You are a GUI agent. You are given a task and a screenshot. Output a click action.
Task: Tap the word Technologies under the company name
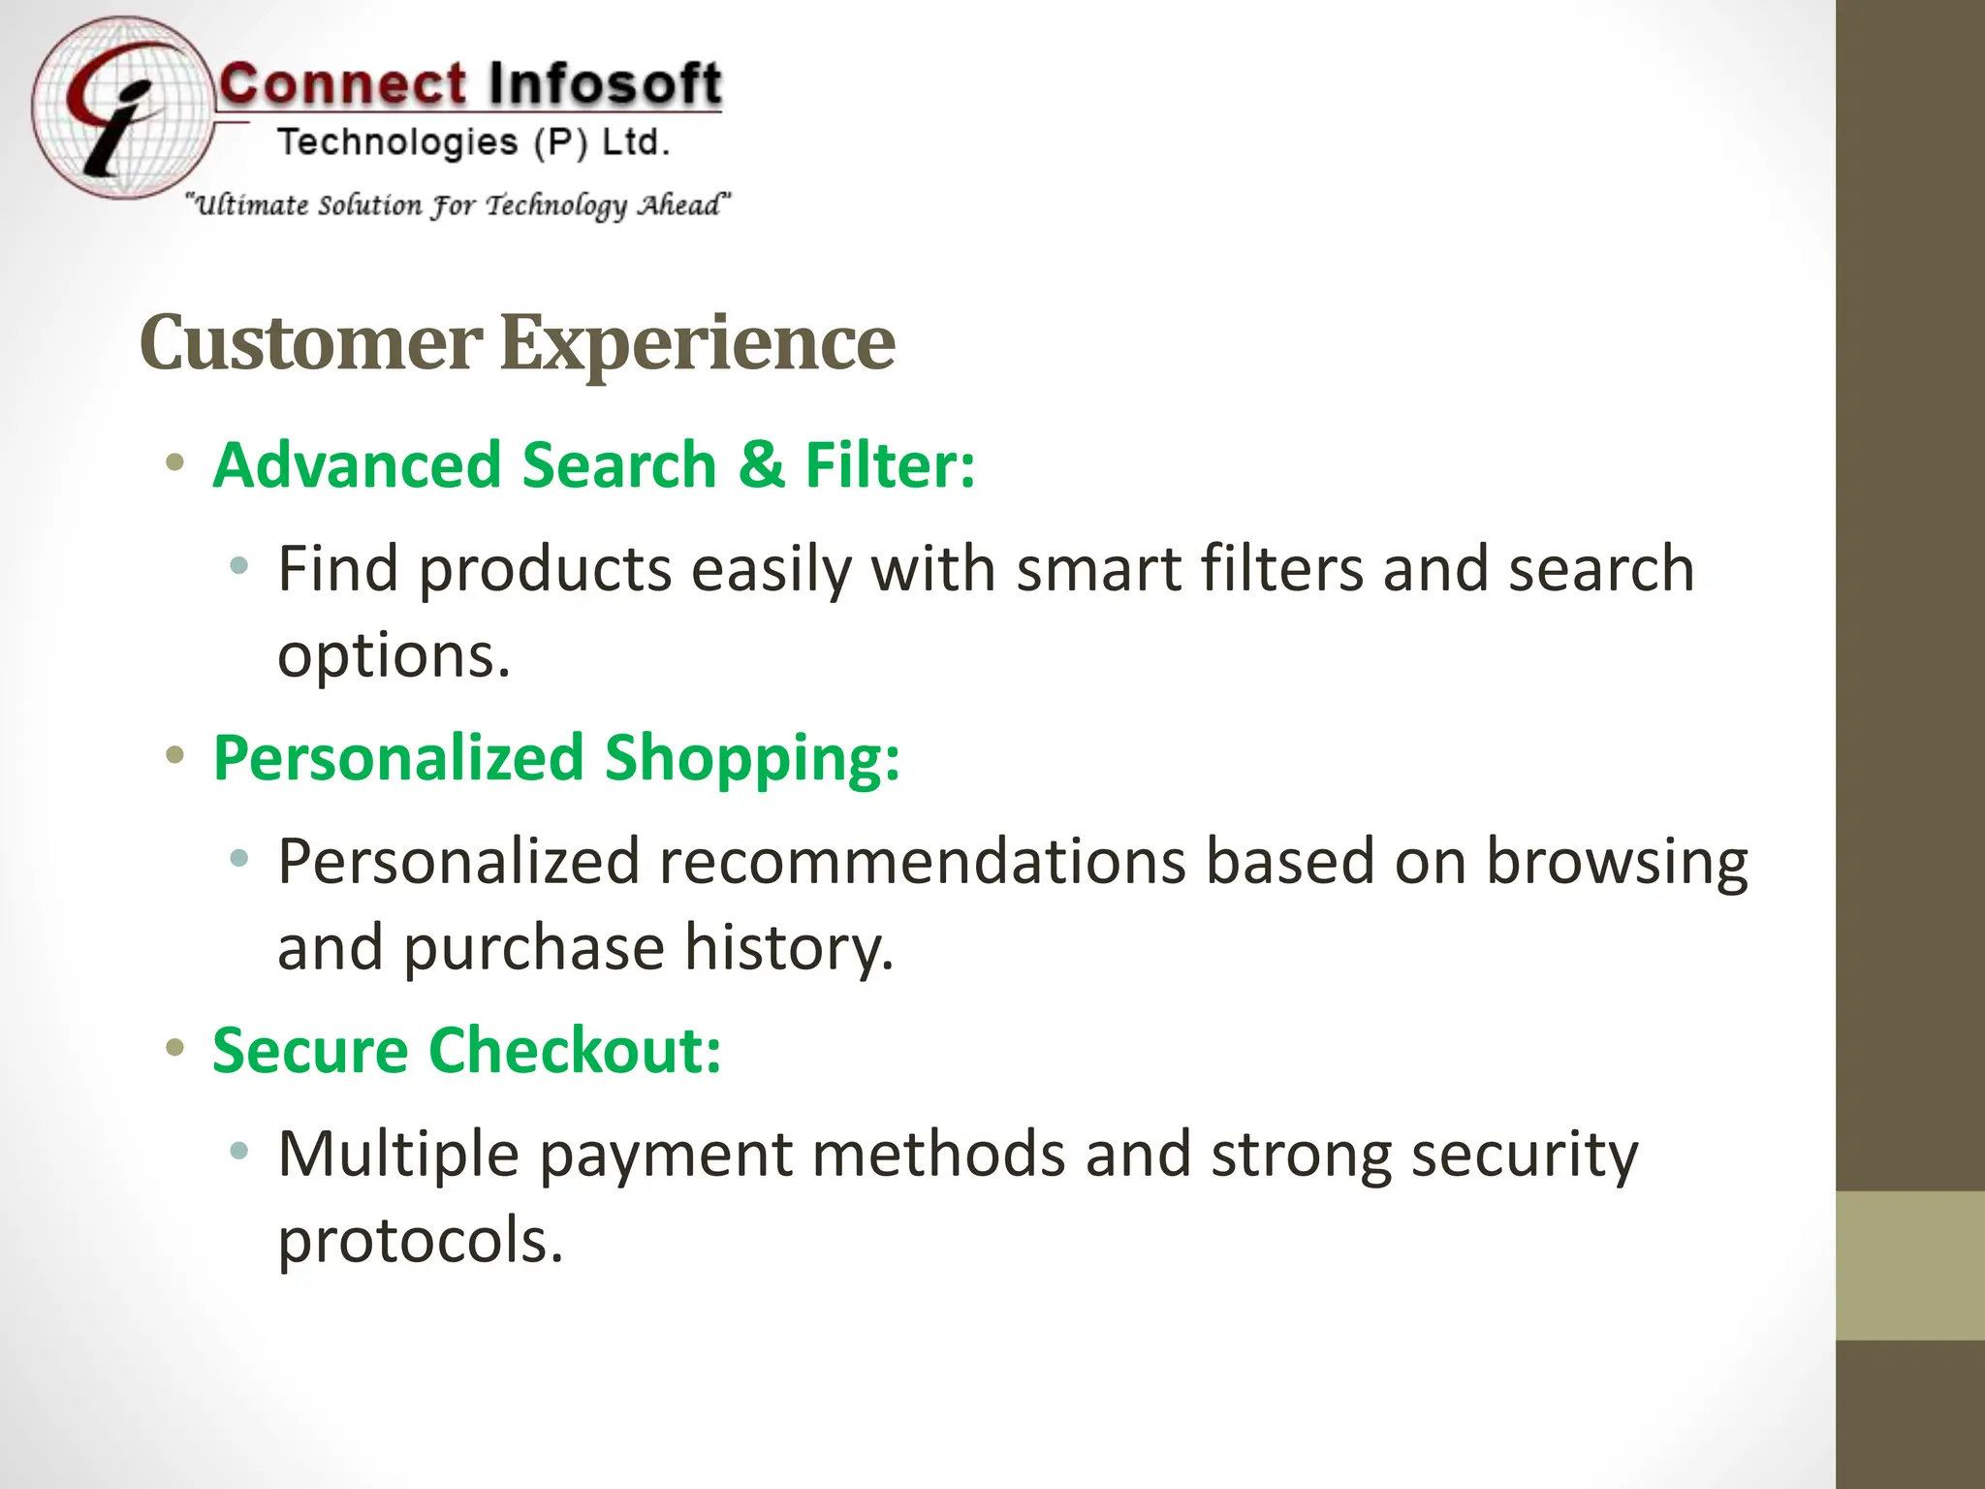click(x=397, y=143)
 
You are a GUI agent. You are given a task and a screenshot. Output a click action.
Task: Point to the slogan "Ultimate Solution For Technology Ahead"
click(x=458, y=205)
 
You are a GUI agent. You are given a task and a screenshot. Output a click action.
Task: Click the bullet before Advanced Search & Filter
click(x=174, y=463)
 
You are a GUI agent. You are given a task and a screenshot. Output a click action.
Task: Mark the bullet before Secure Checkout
click(x=174, y=1048)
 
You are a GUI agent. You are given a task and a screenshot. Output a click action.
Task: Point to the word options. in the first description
click(x=394, y=655)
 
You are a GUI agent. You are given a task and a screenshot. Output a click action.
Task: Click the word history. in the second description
click(x=789, y=947)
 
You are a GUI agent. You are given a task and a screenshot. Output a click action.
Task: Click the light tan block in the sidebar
click(x=1910, y=1265)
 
